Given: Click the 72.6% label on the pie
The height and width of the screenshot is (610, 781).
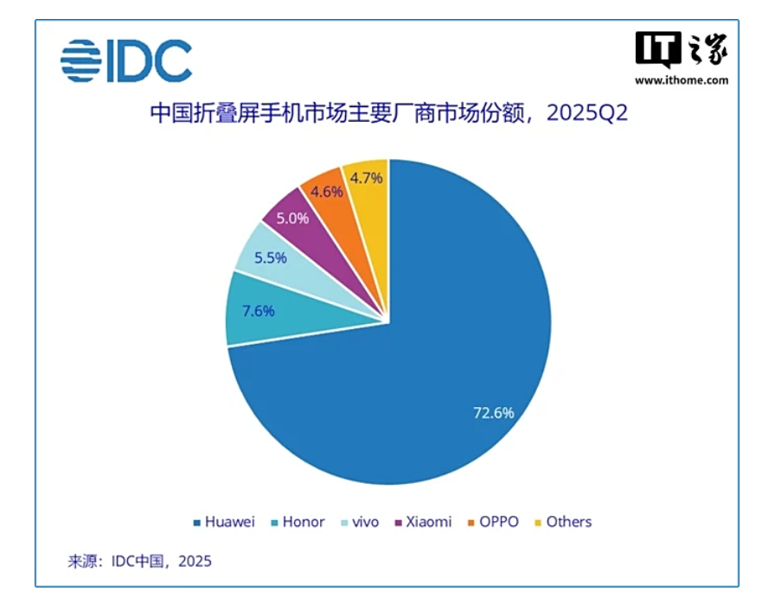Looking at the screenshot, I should click(x=493, y=413).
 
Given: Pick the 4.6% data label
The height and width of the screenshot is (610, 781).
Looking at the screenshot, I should click(x=326, y=192).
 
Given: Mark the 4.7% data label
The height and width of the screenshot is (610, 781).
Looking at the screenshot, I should click(x=367, y=179).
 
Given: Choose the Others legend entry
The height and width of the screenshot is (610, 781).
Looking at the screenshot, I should click(x=562, y=522).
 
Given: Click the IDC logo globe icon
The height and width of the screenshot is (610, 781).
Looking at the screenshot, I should click(x=80, y=60).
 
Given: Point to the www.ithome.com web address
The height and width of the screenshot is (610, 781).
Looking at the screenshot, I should click(x=682, y=80).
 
